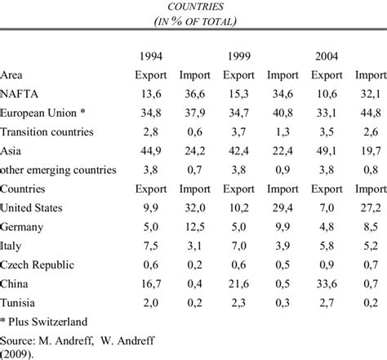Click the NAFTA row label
point(23,95)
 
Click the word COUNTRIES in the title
point(193,6)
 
